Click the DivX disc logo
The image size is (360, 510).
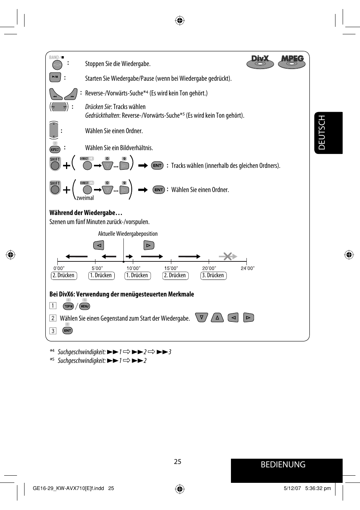point(260,61)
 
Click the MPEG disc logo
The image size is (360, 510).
point(292,61)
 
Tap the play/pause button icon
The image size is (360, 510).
point(55,77)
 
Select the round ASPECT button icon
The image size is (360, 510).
point(55,149)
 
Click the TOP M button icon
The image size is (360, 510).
point(68,306)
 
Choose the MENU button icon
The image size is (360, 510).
point(85,306)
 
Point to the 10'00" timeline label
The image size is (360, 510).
point(133,268)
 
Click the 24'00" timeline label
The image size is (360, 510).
point(248,268)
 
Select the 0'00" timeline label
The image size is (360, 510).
point(59,268)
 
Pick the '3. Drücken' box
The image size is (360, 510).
point(213,275)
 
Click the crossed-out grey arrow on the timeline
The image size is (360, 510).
point(228,257)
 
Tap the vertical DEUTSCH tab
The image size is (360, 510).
point(328,133)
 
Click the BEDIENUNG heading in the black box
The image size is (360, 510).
point(283,465)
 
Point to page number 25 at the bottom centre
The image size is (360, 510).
point(178,462)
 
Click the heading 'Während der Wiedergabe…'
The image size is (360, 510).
point(86,213)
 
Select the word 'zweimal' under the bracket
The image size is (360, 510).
point(85,198)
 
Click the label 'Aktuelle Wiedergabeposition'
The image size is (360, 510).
point(128,234)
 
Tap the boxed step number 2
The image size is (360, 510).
point(53,318)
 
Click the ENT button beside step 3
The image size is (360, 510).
point(67,330)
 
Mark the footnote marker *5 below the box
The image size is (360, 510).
point(52,360)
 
